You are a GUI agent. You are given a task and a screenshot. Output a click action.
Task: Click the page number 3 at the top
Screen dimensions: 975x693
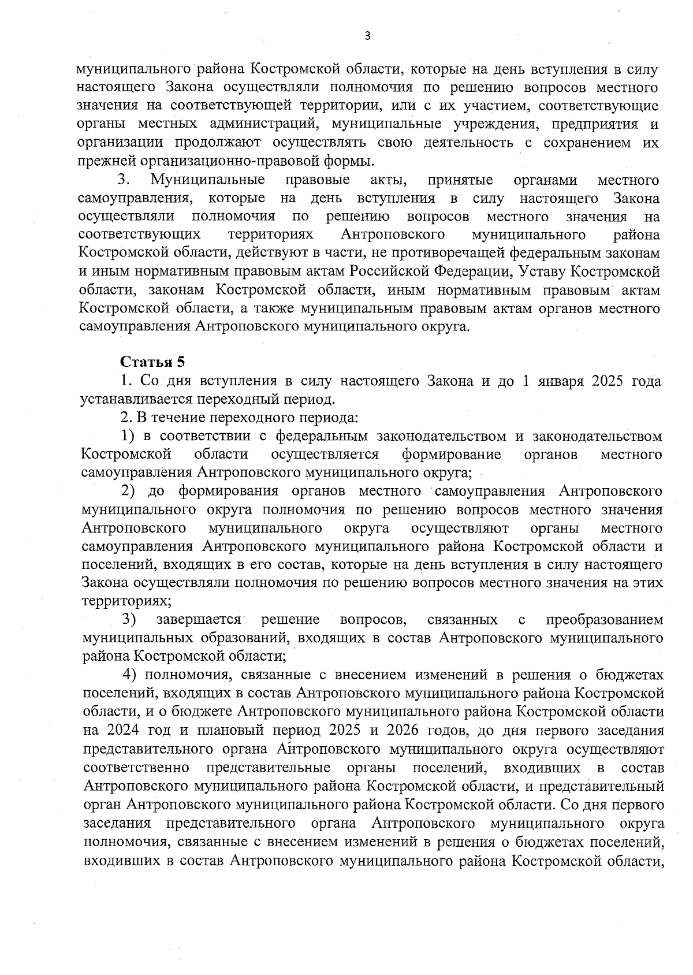367,36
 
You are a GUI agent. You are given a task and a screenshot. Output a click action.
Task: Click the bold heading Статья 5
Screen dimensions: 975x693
152,362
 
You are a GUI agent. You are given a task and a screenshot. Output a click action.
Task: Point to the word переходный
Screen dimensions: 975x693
247,400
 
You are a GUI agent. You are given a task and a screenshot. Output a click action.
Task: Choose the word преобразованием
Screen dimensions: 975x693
604,620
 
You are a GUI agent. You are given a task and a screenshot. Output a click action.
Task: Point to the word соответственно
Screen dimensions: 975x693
137,768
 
